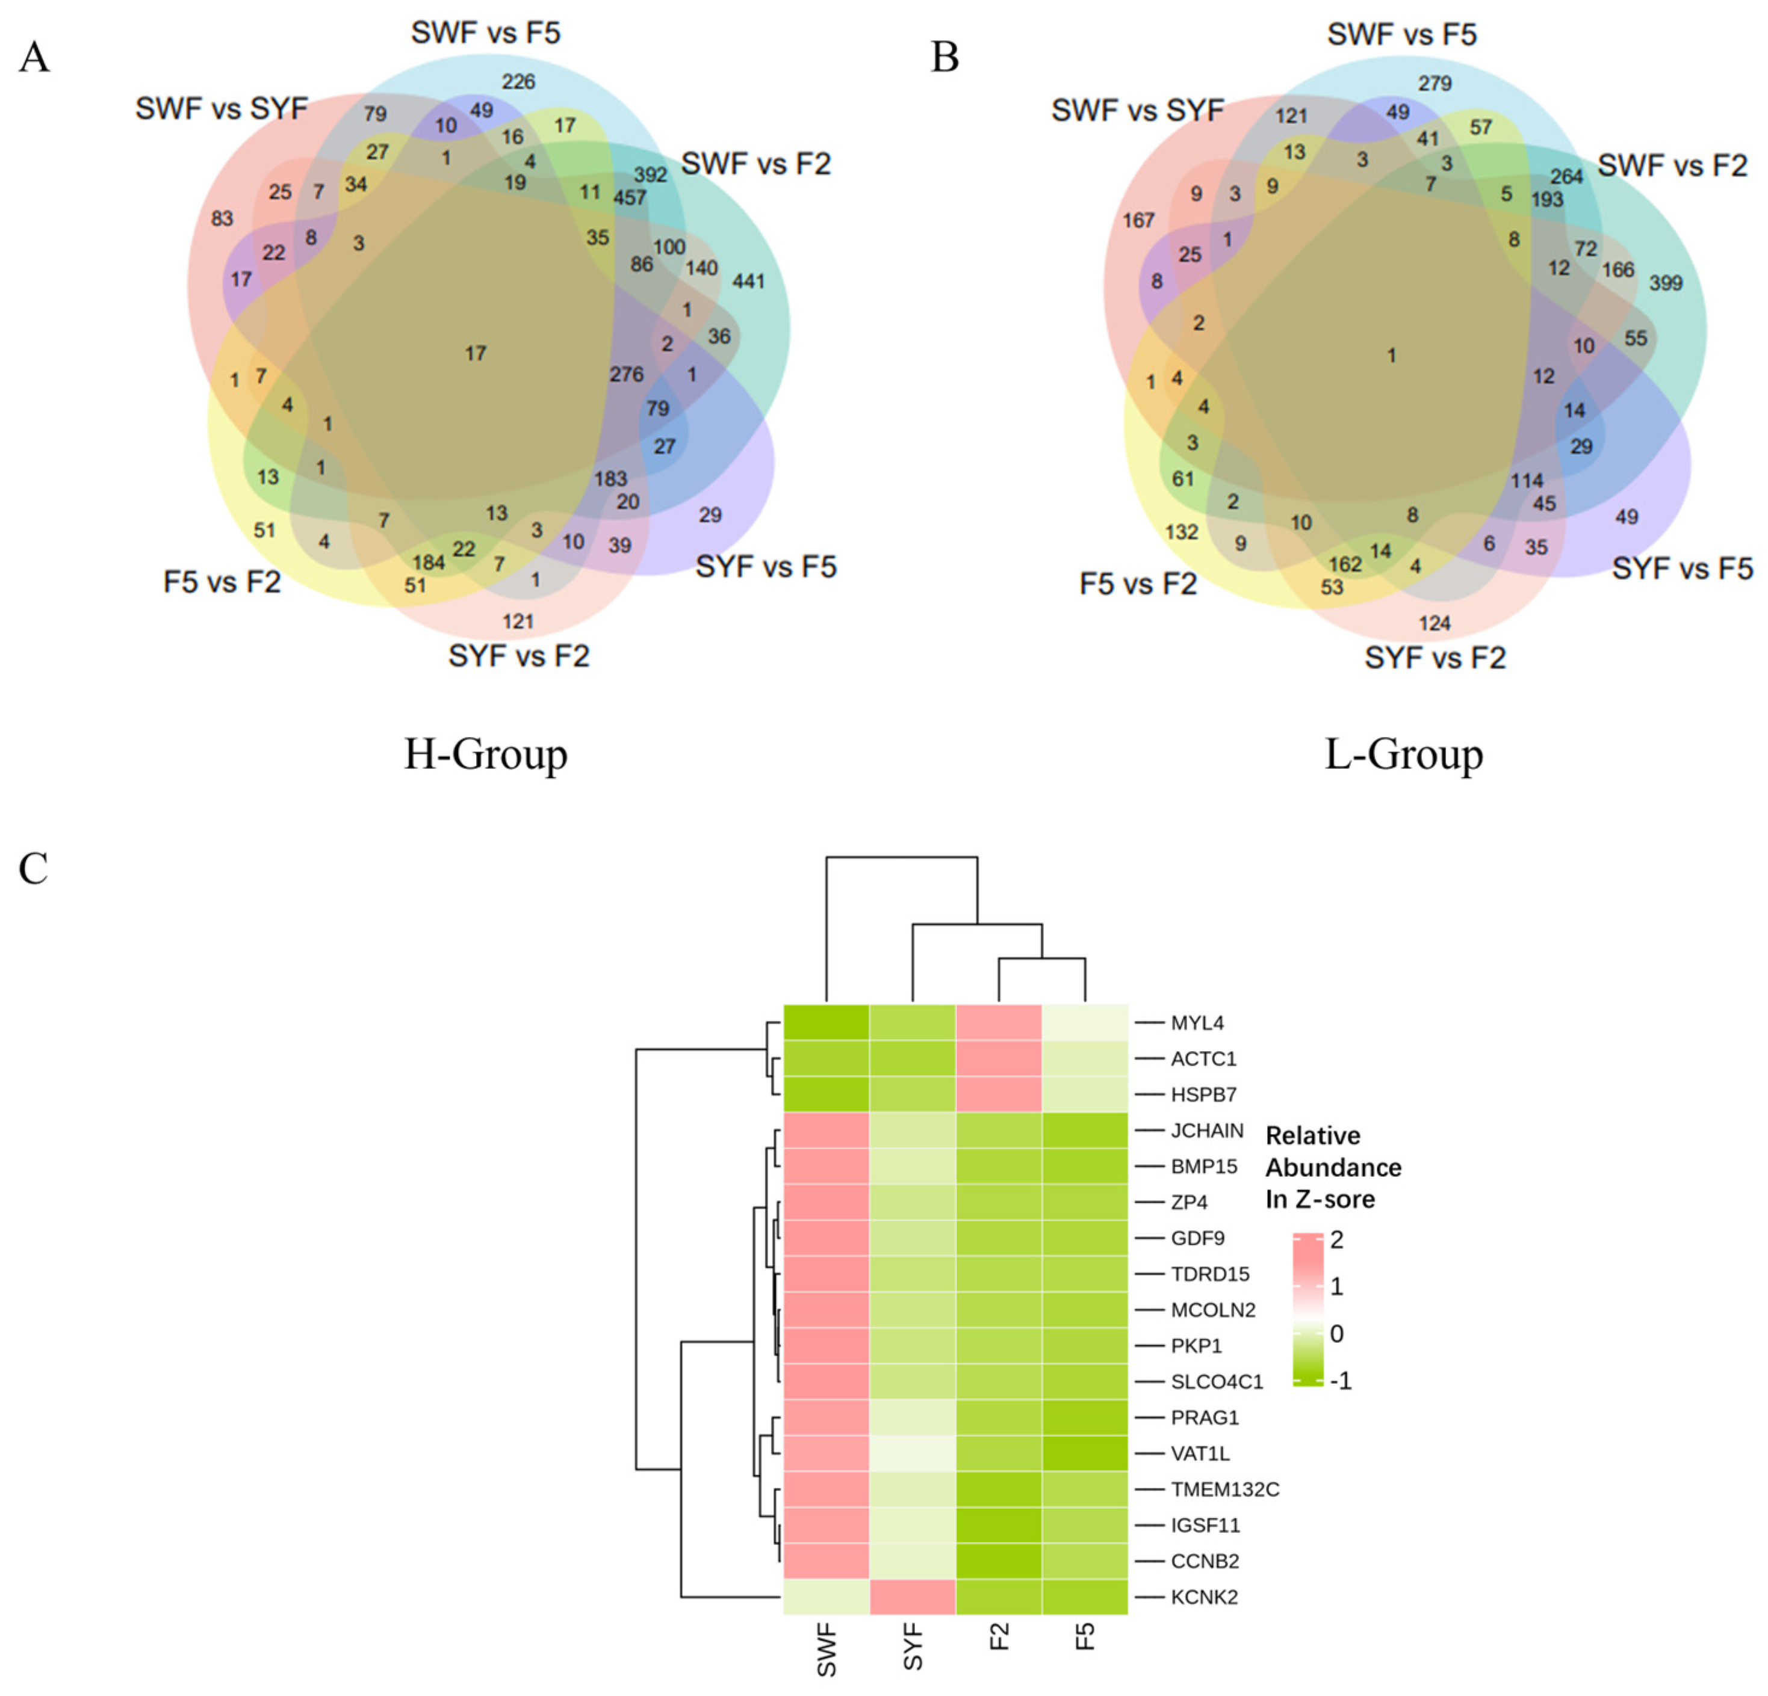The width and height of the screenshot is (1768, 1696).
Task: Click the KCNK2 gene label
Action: pyautogui.click(x=1203, y=1597)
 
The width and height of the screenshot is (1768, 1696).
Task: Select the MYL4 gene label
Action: pyautogui.click(x=1197, y=1022)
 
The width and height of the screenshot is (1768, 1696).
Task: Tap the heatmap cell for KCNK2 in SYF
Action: pyautogui.click(x=912, y=1597)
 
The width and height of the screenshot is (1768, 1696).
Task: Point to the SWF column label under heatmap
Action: pyautogui.click(x=827, y=1651)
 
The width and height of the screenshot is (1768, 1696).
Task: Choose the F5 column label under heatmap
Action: pyautogui.click(x=1085, y=1636)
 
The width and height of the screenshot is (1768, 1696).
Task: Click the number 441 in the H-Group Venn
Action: pyautogui.click(x=748, y=282)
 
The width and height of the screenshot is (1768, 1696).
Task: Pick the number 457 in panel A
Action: pyautogui.click(x=630, y=197)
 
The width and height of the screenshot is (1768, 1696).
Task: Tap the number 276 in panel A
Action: pyautogui.click(x=626, y=373)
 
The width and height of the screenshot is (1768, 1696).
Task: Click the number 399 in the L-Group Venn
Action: pyautogui.click(x=1665, y=283)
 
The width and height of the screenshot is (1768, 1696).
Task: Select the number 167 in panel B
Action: pyautogui.click(x=1138, y=220)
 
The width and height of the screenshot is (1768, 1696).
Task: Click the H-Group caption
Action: pyautogui.click(x=485, y=754)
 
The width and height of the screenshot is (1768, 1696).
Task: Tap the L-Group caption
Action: pyautogui.click(x=1404, y=754)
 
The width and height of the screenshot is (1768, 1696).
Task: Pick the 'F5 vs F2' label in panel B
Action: pyautogui.click(x=1138, y=584)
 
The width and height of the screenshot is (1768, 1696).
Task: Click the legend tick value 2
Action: pyautogui.click(x=1336, y=1240)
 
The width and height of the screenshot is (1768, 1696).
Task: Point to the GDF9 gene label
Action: pyautogui.click(x=1197, y=1238)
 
